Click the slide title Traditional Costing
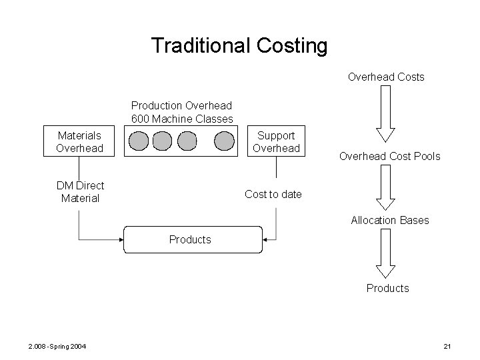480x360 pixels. (239, 46)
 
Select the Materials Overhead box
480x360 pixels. (79, 141)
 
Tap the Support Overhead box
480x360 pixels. (277, 141)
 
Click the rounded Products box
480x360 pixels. (190, 239)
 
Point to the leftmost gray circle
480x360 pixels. (138, 141)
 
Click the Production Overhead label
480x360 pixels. (181, 105)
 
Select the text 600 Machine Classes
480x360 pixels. (182, 119)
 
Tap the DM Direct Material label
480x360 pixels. (80, 192)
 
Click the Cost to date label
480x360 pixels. (273, 194)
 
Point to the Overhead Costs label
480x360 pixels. (386, 77)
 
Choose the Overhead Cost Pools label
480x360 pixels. (389, 157)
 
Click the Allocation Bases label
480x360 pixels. (390, 220)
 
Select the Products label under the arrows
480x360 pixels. (387, 288)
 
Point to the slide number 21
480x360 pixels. (447, 345)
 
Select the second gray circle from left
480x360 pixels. (162, 141)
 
